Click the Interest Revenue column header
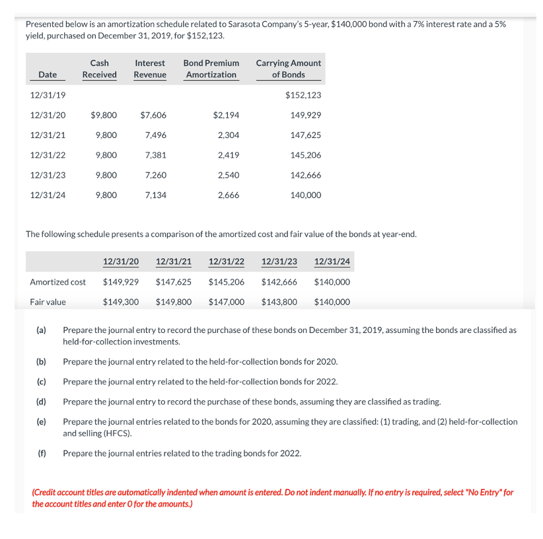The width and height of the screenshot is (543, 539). click(149, 69)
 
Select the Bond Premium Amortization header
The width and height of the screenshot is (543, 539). click(211, 69)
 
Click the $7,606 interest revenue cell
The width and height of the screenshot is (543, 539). click(153, 115)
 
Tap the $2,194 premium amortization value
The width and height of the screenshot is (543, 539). click(226, 115)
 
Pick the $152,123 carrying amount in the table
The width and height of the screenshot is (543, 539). click(303, 95)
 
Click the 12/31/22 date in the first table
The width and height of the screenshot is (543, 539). click(48, 155)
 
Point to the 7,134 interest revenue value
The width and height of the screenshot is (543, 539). click(155, 196)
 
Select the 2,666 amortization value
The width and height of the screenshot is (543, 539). click(228, 196)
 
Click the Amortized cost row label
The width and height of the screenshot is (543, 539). click(57, 282)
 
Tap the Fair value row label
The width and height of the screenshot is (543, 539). click(48, 302)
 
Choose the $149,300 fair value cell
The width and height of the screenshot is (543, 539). click(121, 302)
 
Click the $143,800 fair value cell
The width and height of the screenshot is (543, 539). click(279, 302)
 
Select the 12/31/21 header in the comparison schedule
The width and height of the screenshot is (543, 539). click(174, 262)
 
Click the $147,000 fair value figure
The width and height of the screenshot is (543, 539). click(226, 302)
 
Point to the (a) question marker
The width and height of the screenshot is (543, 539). click(41, 329)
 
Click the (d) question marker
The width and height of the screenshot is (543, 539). click(41, 401)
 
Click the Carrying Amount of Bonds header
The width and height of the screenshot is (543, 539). click(288, 69)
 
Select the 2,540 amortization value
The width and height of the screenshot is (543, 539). click(228, 175)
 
